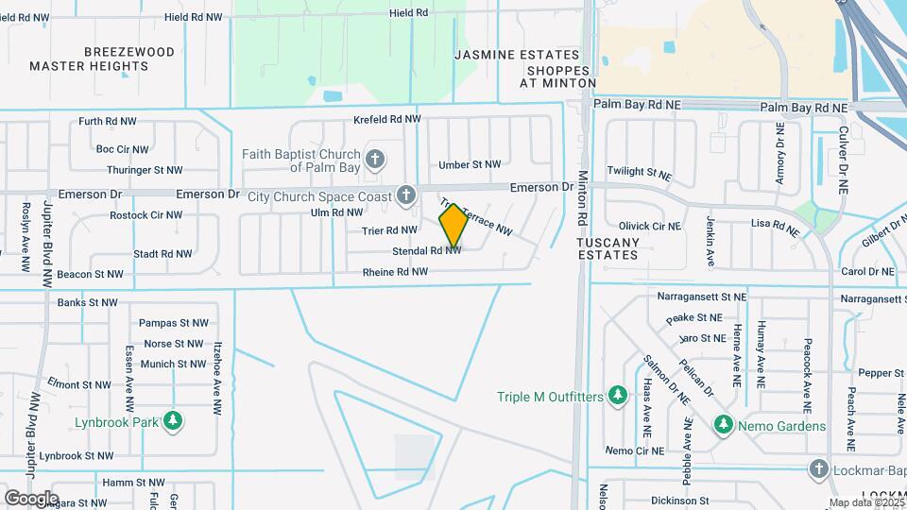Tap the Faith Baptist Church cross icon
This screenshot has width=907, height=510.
375,158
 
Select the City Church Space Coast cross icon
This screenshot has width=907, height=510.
406,195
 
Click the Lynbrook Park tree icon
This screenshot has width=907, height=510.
172,421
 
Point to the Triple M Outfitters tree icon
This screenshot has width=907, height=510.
617,395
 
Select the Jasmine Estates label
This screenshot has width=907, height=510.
516,55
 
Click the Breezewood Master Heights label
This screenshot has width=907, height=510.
102,59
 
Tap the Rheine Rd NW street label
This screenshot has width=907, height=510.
395,272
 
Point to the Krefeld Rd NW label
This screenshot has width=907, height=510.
385,120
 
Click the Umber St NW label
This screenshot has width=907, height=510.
470,164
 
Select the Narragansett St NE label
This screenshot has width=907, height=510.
704,297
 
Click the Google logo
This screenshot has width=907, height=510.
30,498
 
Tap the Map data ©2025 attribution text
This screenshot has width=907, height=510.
867,502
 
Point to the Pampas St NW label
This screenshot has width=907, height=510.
171,323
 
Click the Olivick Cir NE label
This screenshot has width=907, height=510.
649,227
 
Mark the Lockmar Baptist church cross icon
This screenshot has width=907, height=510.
819,468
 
